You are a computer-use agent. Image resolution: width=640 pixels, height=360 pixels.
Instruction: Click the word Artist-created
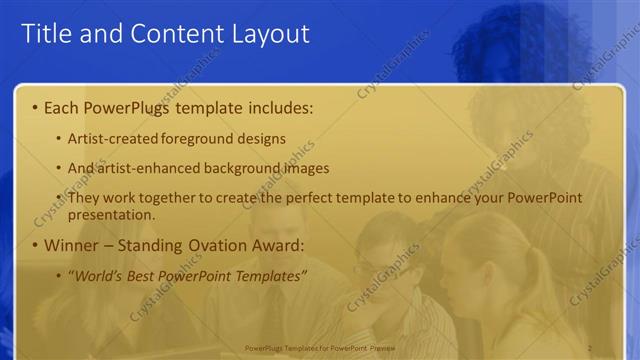point(111,138)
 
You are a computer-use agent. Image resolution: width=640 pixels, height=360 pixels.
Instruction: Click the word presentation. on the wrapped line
point(113,215)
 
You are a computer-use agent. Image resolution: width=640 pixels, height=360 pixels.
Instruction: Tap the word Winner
point(71,245)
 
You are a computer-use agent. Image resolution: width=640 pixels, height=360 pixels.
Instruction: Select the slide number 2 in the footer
point(591,347)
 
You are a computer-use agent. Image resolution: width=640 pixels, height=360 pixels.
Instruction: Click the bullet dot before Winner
point(35,246)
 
